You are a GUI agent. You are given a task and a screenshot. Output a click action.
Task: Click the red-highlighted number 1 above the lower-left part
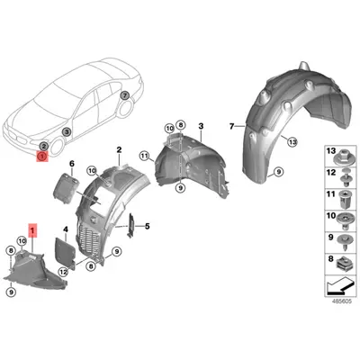click(x=32, y=230)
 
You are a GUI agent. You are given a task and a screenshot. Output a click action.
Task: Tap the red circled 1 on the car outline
click(x=42, y=157)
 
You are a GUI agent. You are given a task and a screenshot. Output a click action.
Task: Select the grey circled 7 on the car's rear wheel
click(x=125, y=95)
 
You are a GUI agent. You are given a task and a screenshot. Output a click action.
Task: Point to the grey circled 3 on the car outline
click(x=67, y=131)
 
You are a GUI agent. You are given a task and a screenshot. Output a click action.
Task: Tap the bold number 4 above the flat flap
click(x=66, y=229)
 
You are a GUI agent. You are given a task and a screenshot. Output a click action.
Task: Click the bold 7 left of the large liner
click(x=231, y=127)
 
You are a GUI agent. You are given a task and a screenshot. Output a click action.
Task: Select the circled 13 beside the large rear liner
click(x=292, y=141)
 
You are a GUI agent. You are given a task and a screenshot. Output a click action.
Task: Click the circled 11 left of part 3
click(x=144, y=156)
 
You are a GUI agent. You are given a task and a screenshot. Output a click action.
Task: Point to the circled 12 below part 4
click(x=63, y=272)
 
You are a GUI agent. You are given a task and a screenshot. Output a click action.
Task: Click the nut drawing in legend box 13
click(x=343, y=157)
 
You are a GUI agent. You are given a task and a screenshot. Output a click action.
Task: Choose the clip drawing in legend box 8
click(x=344, y=265)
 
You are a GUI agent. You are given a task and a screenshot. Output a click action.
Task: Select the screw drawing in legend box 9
click(x=344, y=243)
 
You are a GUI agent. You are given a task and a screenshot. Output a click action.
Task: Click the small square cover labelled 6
click(x=65, y=188)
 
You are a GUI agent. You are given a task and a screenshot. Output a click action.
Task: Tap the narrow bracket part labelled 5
click(x=131, y=225)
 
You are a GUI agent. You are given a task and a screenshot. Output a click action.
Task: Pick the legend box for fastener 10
click(x=340, y=220)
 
